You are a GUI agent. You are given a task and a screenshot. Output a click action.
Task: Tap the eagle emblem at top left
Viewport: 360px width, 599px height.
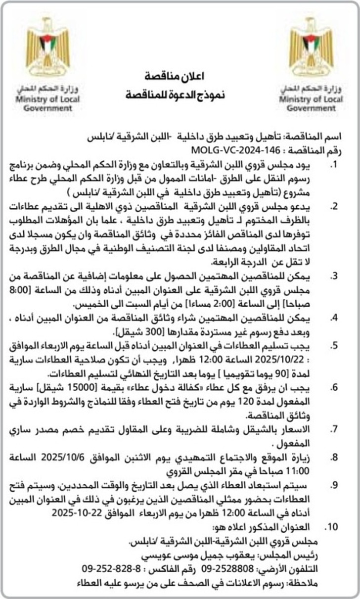tap(47, 46)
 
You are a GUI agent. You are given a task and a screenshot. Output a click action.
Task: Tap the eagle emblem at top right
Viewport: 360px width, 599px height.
tap(311, 46)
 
